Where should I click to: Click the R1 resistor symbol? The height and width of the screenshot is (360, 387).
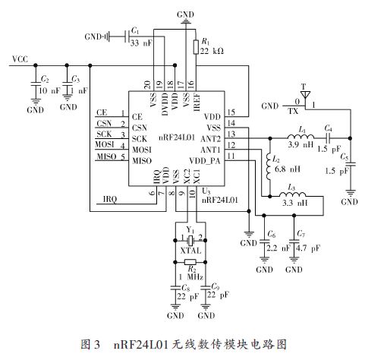tap(196, 47)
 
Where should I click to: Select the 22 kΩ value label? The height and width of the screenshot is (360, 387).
tap(212, 51)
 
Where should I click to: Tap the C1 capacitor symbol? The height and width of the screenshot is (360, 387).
tap(127, 36)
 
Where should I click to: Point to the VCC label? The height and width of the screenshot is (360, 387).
tap(20, 59)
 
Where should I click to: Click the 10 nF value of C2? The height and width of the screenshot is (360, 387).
tap(50, 90)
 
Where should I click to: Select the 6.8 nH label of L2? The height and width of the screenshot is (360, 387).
tap(288, 169)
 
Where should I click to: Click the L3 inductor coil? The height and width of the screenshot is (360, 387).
tap(292, 194)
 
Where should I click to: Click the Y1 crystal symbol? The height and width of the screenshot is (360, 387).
tap(190, 240)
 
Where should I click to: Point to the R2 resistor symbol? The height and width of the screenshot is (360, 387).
tap(190, 262)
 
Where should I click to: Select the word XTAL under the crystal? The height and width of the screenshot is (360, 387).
tap(190, 251)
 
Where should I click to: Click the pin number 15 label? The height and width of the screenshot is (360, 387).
tap(231, 112)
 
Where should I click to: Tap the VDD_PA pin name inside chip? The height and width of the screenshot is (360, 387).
tap(205, 161)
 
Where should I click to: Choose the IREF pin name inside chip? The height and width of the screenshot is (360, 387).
tap(197, 102)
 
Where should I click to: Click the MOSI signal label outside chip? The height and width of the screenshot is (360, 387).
tap(105, 144)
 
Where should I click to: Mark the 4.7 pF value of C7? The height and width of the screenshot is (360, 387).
tap(308, 248)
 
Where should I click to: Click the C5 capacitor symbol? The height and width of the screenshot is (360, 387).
tap(351, 164)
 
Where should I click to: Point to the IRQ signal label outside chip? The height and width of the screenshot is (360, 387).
tap(110, 199)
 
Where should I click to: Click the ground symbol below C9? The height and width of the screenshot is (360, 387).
tap(206, 307)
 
